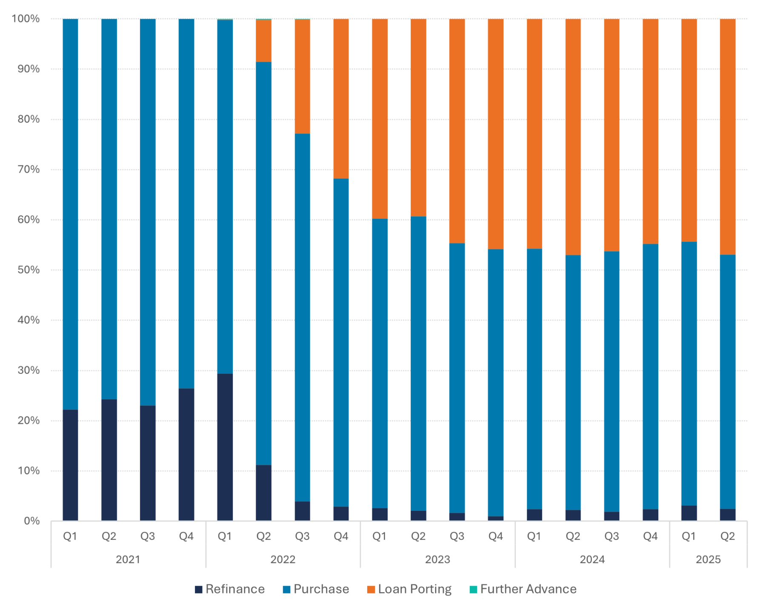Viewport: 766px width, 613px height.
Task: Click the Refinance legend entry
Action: [230, 589]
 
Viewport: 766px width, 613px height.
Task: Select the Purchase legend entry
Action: [316, 589]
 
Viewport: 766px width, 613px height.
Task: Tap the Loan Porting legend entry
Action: [409, 589]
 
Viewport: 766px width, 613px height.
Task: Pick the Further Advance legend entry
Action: [523, 589]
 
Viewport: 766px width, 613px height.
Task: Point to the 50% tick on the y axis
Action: [29, 270]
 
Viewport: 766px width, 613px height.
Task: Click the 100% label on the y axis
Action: [26, 19]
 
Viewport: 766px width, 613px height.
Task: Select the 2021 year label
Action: [128, 559]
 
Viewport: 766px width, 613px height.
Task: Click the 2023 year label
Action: [437, 559]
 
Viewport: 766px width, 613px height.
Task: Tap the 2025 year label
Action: [708, 559]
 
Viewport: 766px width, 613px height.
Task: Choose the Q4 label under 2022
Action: [341, 536]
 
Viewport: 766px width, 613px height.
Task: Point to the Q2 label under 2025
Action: [727, 536]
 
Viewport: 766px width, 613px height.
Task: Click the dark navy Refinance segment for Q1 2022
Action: [225, 447]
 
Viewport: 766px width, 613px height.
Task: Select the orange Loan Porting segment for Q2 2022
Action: [263, 41]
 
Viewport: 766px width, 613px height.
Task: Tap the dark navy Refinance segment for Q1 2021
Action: [70, 465]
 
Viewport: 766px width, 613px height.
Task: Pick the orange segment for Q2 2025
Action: [727, 136]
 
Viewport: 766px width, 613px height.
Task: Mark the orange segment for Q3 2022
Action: [302, 77]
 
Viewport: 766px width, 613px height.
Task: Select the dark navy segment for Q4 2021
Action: [186, 454]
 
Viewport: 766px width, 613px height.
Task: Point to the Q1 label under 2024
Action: [534, 536]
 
